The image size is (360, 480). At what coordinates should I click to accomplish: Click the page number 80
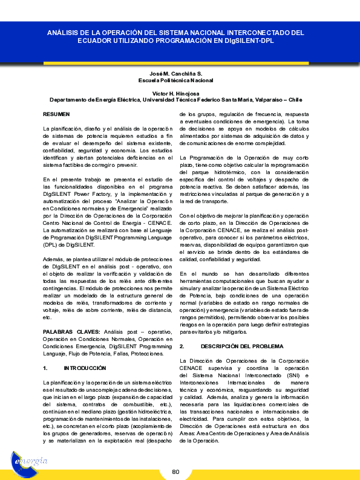point(176,472)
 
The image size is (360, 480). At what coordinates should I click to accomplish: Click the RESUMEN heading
point(56,114)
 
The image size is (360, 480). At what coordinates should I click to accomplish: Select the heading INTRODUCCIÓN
point(85,368)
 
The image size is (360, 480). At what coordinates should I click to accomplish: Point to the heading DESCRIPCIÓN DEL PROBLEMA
point(241,346)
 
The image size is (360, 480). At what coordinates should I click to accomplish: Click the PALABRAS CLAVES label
point(72,332)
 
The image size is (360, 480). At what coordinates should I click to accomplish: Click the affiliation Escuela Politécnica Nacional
point(176,80)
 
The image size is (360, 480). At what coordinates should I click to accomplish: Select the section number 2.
point(182,346)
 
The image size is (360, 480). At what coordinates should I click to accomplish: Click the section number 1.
point(45,368)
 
